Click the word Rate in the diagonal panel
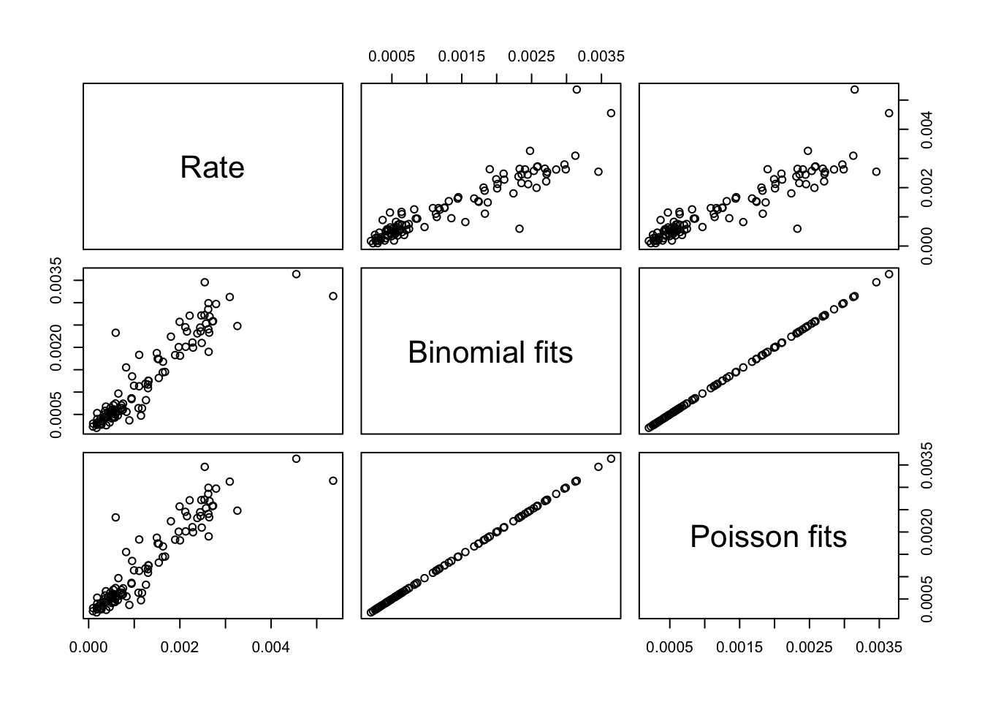click(212, 167)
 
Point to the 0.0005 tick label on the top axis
click(392, 56)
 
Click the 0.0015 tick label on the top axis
click(462, 56)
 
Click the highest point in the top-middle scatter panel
click(576, 89)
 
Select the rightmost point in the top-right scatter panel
click(889, 113)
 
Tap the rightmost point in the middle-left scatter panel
click(333, 296)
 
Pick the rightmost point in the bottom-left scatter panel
click(333, 480)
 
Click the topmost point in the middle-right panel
click(889, 274)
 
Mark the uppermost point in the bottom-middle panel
click(611, 458)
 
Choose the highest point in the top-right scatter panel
click(854, 89)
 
